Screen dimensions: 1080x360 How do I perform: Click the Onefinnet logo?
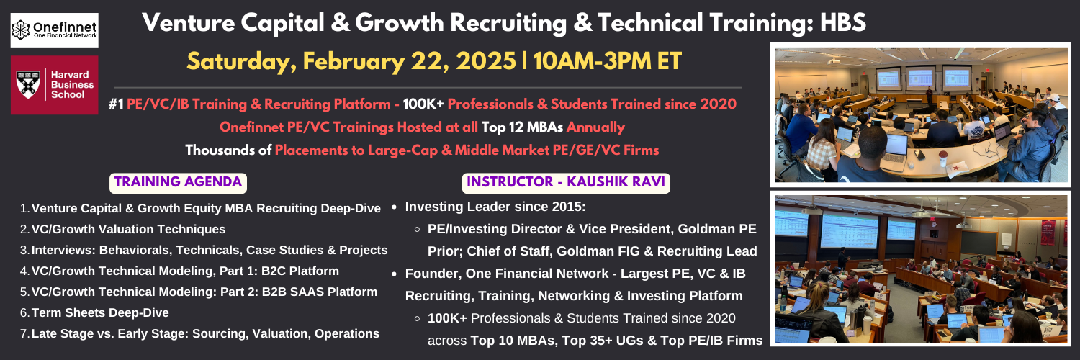click(55, 30)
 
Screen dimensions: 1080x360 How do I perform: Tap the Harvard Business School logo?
click(55, 85)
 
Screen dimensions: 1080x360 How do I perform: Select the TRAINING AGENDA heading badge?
click(178, 183)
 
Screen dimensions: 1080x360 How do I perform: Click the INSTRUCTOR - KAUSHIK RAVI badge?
click(566, 183)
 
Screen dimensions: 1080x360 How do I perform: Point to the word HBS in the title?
click(843, 22)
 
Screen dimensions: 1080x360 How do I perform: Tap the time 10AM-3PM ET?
click(607, 61)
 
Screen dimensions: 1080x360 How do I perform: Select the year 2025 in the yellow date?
click(485, 61)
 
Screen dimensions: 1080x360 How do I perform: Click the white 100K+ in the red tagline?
click(423, 104)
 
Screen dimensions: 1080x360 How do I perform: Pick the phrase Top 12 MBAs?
click(522, 127)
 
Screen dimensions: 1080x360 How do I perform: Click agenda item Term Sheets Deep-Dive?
click(100, 312)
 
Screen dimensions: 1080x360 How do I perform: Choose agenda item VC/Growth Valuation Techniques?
click(128, 230)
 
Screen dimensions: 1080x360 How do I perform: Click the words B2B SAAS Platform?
click(320, 292)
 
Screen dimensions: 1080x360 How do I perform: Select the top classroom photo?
click(920, 114)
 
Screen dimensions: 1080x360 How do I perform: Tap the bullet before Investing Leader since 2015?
click(395, 207)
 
